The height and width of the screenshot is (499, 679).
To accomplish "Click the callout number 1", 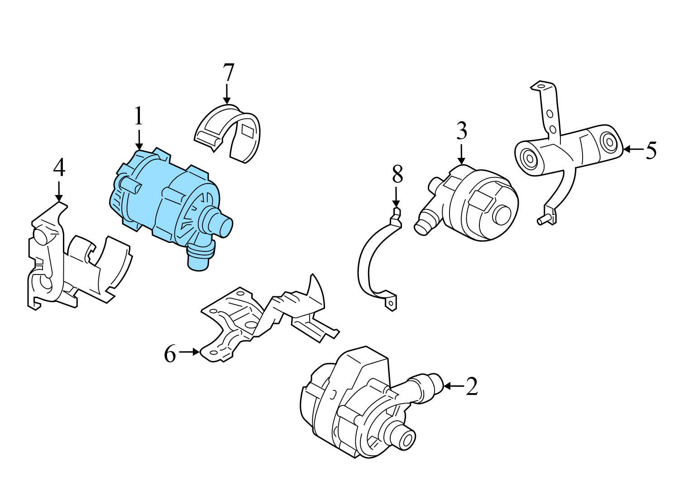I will point(139,116).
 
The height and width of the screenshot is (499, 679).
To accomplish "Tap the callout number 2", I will point(471,386).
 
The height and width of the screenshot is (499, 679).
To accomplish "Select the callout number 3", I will point(461,131).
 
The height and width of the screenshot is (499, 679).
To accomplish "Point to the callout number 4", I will point(59,168).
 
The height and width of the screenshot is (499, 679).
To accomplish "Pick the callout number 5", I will point(650,150).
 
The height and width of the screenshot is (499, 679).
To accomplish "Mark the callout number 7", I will point(228,72).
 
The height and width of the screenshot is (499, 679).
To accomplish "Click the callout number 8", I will point(397,174).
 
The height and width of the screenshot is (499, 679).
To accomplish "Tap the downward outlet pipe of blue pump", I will point(199,260).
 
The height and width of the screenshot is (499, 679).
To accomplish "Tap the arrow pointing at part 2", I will point(453,386).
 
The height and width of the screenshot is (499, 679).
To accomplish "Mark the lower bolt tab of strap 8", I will point(390,302).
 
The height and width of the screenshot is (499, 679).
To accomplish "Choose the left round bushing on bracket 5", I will point(527,159).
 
